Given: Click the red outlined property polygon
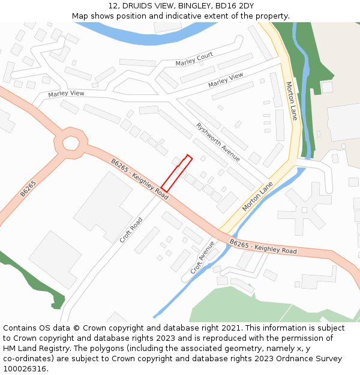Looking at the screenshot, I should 176,173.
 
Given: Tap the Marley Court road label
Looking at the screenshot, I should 194,59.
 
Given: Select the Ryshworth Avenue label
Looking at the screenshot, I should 218,142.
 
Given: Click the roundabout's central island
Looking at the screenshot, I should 71,143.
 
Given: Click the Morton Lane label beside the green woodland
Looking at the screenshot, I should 291,101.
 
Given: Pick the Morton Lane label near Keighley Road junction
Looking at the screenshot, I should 257,196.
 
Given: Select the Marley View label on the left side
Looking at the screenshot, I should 66,94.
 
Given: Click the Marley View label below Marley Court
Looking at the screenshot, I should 226,80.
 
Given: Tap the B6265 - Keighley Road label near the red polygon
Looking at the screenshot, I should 140,178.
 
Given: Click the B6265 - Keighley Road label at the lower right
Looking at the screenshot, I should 263,246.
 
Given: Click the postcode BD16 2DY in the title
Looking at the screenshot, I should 235,6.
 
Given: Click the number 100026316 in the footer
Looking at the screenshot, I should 25,368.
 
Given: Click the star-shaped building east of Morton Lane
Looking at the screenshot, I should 304,209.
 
